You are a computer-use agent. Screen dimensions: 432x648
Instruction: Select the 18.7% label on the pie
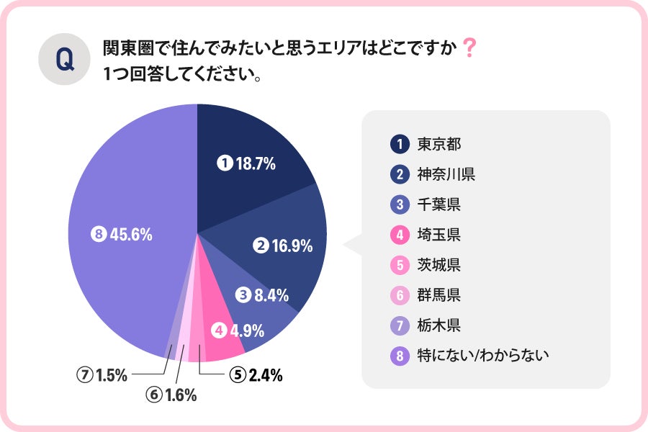247,164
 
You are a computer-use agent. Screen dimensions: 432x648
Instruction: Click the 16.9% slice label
284,246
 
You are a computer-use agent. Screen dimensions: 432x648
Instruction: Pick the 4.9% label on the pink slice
238,331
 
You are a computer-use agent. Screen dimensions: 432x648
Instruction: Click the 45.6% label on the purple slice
122,235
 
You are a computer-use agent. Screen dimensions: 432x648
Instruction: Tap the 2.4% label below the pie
256,374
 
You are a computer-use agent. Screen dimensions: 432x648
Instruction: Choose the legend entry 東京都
438,143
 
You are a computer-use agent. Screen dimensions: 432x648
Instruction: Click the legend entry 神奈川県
446,174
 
